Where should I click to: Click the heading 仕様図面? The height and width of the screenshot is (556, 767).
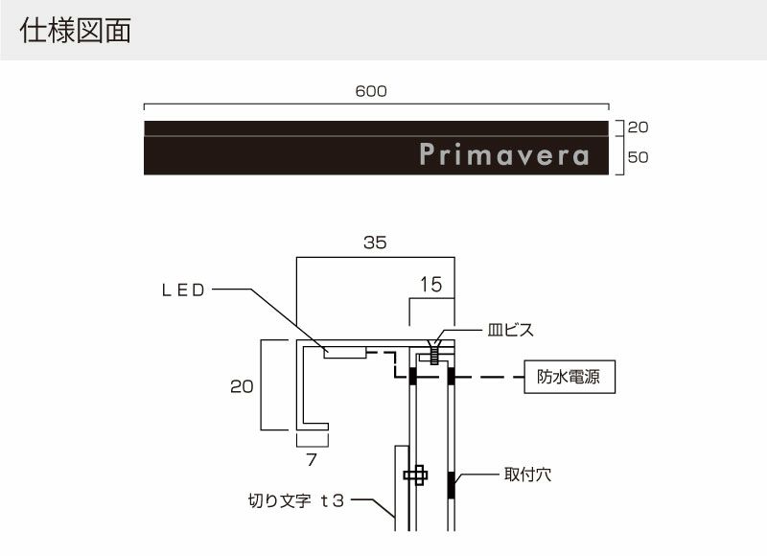74,31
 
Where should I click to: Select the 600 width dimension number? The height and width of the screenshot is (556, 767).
370,91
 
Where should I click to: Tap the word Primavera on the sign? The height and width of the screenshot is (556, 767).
504,155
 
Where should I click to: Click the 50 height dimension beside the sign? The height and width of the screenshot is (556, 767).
639,157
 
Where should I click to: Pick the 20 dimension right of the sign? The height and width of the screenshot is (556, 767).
639,127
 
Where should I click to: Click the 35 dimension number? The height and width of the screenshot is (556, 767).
375,243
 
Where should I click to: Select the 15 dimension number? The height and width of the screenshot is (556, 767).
431,285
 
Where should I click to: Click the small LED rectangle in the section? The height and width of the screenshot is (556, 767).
345,353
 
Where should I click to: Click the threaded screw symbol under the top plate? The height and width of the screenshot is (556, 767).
434,356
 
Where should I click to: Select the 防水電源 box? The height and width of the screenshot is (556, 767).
569,378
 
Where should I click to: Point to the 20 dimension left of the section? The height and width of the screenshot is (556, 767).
243,386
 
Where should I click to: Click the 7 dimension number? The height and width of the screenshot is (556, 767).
311,459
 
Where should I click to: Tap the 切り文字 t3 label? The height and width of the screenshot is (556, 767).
296,500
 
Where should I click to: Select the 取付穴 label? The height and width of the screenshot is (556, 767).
527,474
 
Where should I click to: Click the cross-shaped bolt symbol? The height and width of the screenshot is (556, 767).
416,475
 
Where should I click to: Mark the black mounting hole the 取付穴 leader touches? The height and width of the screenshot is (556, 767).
452,485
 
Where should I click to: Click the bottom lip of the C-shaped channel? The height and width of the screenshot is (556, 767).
315,427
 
